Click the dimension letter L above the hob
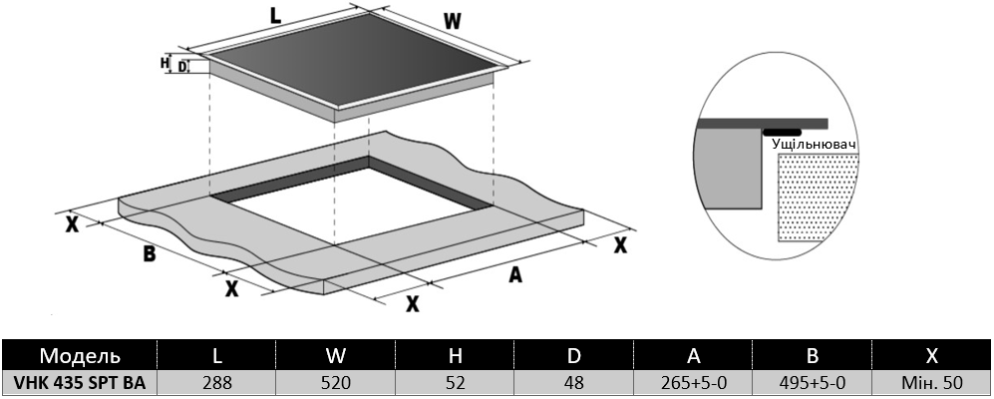275,15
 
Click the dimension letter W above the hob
452,22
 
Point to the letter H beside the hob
165,62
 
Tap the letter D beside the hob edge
182,66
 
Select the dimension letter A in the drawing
516,274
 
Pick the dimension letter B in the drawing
149,253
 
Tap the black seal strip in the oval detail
783,133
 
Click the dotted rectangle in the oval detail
818,198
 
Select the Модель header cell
80,355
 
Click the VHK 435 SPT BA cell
80,383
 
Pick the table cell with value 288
216,383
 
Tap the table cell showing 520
336,383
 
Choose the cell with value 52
456,383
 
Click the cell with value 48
574,383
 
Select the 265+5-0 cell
694,383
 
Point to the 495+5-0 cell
813,383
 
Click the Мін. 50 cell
932,383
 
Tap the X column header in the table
932,355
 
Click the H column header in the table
456,355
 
